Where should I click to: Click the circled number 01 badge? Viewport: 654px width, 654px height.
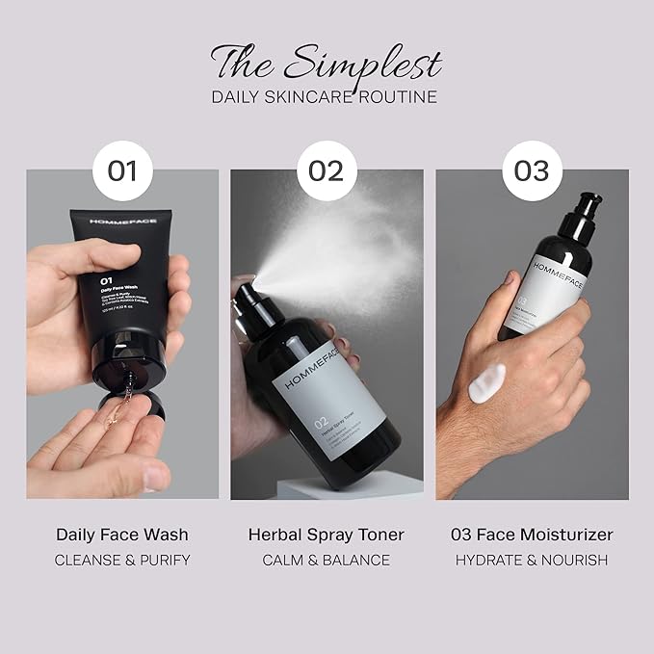click(122, 171)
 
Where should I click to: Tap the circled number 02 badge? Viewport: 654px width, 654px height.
click(327, 171)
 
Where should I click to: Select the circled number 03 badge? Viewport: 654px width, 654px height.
click(531, 171)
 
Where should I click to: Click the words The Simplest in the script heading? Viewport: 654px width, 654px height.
click(327, 63)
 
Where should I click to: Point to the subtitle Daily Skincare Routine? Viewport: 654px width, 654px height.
click(327, 96)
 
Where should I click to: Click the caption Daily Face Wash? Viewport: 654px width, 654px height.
click(122, 534)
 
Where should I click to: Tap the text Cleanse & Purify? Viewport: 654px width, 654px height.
click(122, 560)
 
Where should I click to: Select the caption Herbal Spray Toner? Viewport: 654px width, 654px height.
click(327, 534)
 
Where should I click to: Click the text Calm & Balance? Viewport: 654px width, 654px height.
click(327, 560)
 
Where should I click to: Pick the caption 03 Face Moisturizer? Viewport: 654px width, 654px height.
click(532, 534)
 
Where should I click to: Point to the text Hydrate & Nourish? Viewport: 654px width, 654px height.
click(532, 560)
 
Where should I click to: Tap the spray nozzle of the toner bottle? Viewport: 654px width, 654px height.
click(252, 292)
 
